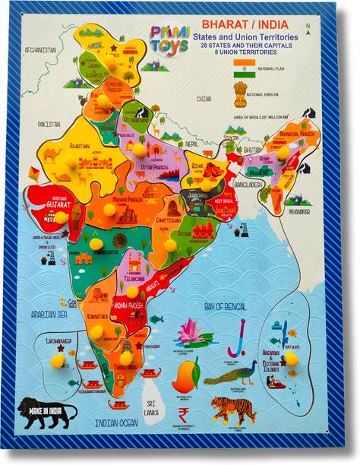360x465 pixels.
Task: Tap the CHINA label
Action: [x=204, y=100]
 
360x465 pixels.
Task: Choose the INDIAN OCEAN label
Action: [x=118, y=422]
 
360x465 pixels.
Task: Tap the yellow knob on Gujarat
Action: [x=60, y=217]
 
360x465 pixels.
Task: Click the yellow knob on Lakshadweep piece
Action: [x=57, y=362]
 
